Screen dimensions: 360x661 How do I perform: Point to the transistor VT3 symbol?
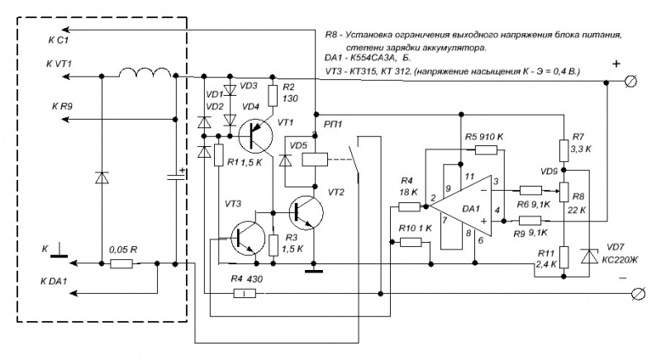point(248,237)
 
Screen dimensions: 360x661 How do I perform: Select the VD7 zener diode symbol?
point(589,257)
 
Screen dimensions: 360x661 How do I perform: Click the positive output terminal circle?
point(634,81)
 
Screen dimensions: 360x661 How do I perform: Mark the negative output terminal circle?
point(635,294)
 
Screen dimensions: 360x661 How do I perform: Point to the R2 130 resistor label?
point(289,92)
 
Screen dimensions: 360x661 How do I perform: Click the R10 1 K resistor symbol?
point(411,242)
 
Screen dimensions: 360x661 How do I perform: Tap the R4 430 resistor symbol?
point(244,293)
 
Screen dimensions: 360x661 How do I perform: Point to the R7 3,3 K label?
point(583,142)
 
